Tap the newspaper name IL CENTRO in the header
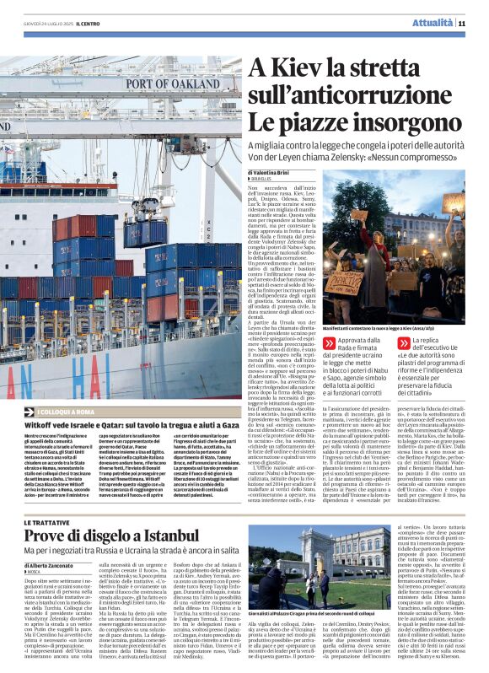[x=88, y=23]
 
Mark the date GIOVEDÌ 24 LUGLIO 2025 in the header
[x=46, y=23]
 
